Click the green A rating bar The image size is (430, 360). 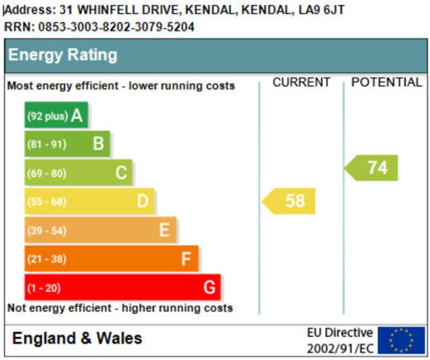56,115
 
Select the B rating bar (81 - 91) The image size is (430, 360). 68,143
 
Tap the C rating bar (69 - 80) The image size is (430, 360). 78,172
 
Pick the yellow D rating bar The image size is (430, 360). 90,201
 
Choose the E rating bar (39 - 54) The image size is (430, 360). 100,230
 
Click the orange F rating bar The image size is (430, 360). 111,259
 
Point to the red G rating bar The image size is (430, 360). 123,288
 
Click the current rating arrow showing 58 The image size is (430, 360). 288,201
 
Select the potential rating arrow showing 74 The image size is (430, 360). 371,168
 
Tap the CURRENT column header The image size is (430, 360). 301,82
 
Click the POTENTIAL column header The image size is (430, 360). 386,82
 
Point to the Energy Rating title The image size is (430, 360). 63,55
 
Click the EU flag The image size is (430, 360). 401,340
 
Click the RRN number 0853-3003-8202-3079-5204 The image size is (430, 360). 116,27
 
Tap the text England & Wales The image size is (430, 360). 77,338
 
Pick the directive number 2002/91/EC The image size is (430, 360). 340,348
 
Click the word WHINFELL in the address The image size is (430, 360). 109,10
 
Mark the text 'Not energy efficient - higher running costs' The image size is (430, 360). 120,308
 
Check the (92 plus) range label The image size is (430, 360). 48,116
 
